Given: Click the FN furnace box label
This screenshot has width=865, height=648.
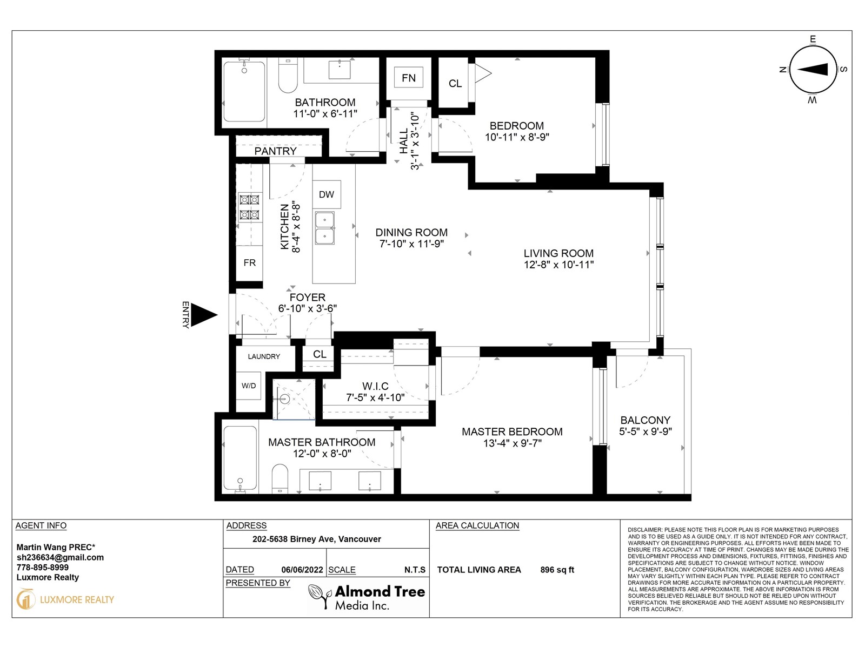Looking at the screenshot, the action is pos(409,78).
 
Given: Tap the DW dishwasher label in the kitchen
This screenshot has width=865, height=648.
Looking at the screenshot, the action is pos(327,194).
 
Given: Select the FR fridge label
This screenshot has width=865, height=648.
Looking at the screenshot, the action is pos(249,263).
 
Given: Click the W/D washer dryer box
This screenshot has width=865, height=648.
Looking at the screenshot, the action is pos(249,386).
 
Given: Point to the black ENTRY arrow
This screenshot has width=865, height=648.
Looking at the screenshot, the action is pos(204,315).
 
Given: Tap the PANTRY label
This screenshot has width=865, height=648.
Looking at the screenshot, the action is pos(276,151).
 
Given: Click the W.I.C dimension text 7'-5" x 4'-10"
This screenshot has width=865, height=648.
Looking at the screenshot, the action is pos(375,398).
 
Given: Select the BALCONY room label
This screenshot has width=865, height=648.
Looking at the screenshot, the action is pos(645,420).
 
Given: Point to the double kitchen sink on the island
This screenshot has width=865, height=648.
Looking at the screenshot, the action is pos(325,228).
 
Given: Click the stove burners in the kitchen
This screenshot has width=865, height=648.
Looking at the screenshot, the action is pos(249,207).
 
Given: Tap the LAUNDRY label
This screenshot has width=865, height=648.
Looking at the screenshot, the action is pos(264,356).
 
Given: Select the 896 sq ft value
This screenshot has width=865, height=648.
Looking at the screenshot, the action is pos(557,570).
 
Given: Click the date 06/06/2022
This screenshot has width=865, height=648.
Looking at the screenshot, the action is pos(302,570).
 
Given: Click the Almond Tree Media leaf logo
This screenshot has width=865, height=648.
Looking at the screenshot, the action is pos(320,597).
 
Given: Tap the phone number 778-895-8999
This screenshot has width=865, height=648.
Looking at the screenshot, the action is pos(43,568).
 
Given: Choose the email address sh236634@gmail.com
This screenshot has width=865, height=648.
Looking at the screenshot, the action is pos(61,557).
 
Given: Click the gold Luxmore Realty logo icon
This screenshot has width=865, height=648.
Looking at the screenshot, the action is pos(25,599).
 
